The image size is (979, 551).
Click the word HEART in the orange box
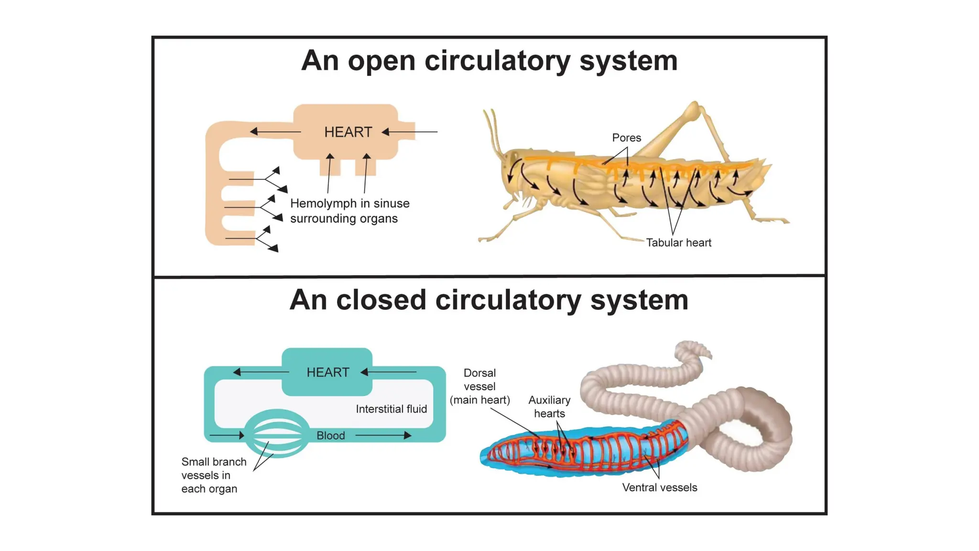(348, 132)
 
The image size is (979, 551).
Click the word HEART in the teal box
(327, 372)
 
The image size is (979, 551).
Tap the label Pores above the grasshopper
(626, 138)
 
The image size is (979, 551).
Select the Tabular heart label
(678, 242)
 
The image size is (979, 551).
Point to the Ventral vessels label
(659, 487)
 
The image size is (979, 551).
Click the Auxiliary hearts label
(549, 407)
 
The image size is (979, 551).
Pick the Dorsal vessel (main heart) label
(479, 386)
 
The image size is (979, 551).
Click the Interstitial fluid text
(391, 409)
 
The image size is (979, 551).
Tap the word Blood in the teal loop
(330, 435)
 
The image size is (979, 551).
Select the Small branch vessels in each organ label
(213, 475)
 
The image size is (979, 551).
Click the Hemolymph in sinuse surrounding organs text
(349, 211)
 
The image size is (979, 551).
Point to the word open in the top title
(381, 61)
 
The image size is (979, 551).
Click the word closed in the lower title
(381, 300)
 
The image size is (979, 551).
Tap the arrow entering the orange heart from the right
(409, 132)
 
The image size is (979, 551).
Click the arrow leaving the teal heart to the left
(261, 372)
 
